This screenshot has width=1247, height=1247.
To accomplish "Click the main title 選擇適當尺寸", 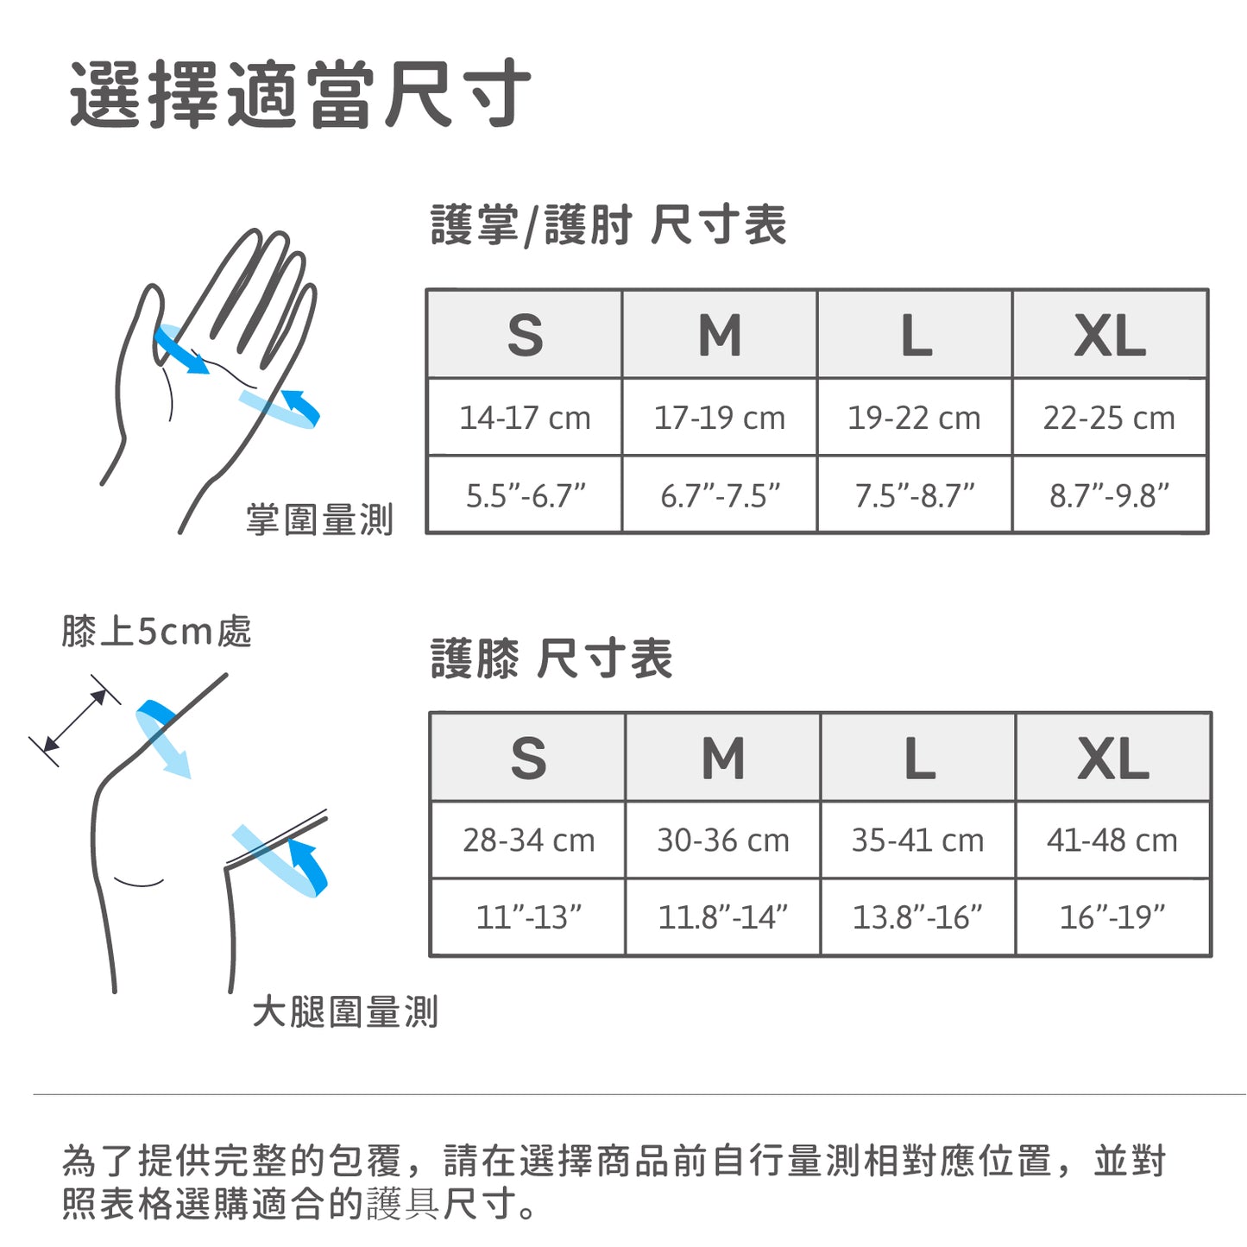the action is tap(299, 94).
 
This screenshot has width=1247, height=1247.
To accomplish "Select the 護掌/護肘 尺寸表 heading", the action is tap(608, 224).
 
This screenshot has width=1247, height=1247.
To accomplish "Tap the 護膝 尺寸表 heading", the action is tap(551, 658).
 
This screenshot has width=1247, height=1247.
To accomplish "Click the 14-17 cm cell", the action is tap(525, 418).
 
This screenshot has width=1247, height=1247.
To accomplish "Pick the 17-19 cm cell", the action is tap(720, 418).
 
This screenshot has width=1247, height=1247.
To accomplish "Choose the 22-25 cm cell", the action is tap(1109, 418).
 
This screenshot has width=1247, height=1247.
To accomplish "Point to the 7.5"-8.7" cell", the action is tap(915, 495).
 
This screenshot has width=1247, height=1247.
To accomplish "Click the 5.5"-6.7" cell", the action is tap(525, 495).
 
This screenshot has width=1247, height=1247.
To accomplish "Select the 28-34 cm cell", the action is tap(529, 840).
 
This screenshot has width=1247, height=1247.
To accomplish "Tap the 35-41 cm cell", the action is tap(917, 840).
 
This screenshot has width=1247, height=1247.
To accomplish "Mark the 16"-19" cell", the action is tap(1112, 917).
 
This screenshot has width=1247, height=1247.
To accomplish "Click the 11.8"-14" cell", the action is tap(723, 917).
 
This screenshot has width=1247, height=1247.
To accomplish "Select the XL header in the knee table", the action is tap(1113, 758).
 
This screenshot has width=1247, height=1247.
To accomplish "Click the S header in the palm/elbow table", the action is tap(525, 335).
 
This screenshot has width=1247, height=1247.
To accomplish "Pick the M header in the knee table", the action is tap(723, 758).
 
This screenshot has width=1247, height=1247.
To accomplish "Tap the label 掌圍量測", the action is tap(319, 520).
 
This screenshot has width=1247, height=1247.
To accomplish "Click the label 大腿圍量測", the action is tap(345, 1011).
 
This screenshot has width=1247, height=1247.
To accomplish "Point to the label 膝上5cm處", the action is tap(156, 631).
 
